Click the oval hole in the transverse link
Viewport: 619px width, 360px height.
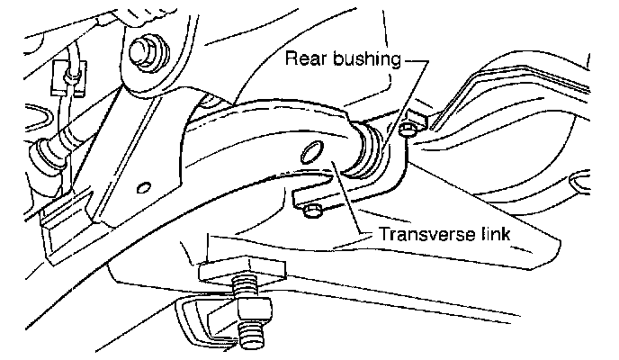click(x=311, y=152)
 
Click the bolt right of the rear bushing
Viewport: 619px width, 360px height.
click(x=408, y=130)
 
